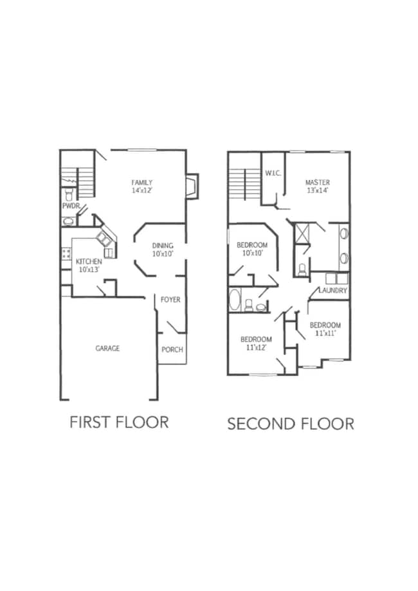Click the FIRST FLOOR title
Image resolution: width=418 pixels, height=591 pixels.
(x=119, y=422)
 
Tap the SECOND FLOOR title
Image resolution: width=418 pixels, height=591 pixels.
(x=291, y=424)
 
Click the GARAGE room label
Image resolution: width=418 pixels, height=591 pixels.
(x=107, y=349)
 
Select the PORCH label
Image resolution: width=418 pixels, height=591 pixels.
(x=172, y=350)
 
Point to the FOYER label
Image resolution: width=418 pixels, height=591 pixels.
(x=170, y=300)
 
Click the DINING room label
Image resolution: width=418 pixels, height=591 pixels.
(x=163, y=246)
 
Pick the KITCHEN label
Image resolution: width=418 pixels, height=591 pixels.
(x=89, y=262)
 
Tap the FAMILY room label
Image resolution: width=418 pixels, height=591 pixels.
(x=141, y=183)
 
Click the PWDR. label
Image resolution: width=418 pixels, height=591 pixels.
(x=71, y=206)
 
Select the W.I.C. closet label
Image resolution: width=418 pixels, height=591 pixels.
(x=273, y=174)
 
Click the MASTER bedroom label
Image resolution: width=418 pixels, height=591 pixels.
(x=318, y=183)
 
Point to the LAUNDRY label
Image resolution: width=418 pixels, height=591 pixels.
(x=333, y=291)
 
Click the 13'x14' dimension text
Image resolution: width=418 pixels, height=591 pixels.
(x=318, y=190)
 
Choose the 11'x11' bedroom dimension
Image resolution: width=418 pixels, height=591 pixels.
(x=325, y=333)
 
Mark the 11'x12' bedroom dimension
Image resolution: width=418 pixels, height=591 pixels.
(x=257, y=347)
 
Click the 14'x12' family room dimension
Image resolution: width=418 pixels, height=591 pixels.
(x=141, y=191)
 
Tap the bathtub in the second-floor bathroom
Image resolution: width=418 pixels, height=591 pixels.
(x=235, y=300)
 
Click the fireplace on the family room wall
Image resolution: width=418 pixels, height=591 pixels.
(x=193, y=186)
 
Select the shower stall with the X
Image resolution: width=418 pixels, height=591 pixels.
(x=302, y=233)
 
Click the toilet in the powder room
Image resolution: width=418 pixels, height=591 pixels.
(x=69, y=195)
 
